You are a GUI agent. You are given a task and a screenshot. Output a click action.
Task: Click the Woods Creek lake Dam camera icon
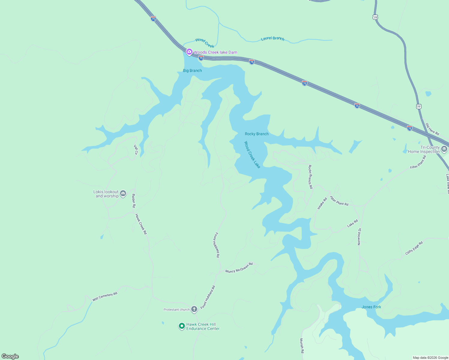189,52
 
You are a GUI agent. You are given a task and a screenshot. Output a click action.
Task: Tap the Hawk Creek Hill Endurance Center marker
182,326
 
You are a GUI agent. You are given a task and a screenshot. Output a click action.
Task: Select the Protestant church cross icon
194,309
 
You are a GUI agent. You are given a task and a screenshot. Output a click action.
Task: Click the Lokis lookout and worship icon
123,194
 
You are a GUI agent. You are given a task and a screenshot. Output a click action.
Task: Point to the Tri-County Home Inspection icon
444,149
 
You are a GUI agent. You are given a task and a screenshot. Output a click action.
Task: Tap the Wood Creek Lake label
252,155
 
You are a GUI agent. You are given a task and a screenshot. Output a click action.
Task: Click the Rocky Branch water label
257,134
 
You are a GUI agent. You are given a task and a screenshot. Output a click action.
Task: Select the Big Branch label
192,70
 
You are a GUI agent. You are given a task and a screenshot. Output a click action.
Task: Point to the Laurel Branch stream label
273,38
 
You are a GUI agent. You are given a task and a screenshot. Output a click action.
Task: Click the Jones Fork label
371,307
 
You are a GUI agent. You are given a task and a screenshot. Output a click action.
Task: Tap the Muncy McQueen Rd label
239,268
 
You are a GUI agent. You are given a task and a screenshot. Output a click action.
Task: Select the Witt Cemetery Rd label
105,296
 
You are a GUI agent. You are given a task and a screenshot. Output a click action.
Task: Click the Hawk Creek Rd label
141,224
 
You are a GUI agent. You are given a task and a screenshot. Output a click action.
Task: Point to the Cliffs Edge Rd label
414,248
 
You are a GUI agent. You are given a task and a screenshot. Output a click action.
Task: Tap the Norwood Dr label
359,237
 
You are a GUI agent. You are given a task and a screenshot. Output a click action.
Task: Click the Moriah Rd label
302,346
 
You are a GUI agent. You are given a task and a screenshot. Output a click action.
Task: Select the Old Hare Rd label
432,129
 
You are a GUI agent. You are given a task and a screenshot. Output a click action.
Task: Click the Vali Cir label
136,150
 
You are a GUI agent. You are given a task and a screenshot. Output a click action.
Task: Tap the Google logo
10,356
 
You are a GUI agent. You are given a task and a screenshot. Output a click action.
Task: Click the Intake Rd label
322,203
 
